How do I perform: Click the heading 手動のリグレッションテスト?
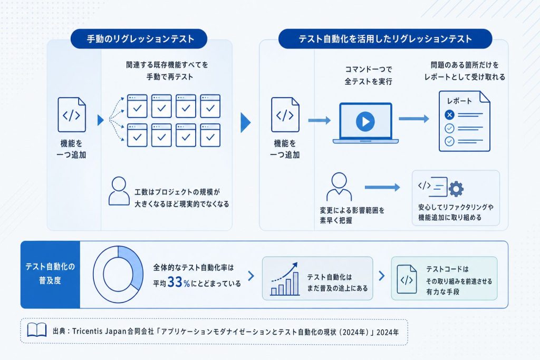140,39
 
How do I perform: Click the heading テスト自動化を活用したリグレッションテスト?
385,39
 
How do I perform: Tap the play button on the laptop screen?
365,121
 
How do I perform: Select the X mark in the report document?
449,114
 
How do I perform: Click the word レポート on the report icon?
459,101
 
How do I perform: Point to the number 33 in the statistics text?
175,282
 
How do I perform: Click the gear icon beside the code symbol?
456,189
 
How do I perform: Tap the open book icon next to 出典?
37,330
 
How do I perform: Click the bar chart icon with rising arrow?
284,279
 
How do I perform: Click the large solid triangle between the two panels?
245,122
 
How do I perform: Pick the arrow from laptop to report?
414,119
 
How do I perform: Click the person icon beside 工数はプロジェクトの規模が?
119,191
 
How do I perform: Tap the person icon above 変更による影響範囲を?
339,187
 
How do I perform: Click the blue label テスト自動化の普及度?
50,274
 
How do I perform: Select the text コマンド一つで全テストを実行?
369,75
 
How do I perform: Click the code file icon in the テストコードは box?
407,279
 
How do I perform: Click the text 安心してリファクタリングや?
456,207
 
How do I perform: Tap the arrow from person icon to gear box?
382,187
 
